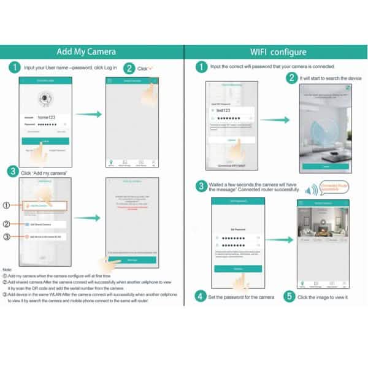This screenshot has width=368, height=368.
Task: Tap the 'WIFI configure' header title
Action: pyautogui.click(x=278, y=52)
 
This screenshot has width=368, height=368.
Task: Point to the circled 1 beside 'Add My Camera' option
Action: pyautogui.click(x=7, y=205)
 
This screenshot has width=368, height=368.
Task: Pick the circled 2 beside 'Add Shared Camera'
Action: pyautogui.click(x=7, y=224)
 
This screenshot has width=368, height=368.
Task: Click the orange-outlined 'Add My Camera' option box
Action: pyautogui.click(x=44, y=206)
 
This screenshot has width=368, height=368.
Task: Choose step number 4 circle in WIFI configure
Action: pyautogui.click(x=201, y=297)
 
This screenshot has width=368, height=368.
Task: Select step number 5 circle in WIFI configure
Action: pyautogui.click(x=289, y=297)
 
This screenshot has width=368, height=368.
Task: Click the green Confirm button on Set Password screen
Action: pyautogui.click(x=229, y=269)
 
